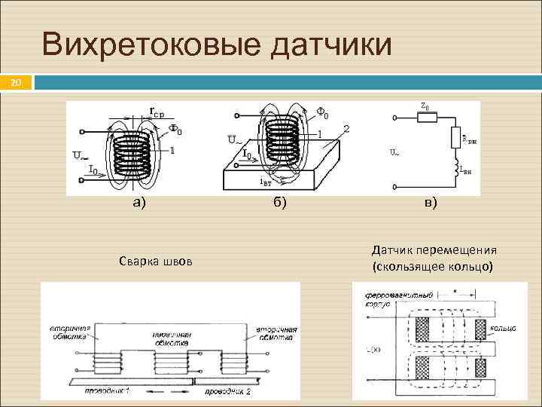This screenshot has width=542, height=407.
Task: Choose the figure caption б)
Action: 279,202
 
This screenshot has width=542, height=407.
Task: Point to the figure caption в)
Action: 431,202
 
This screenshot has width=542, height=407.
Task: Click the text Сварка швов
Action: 156,262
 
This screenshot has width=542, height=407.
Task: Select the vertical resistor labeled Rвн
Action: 456,139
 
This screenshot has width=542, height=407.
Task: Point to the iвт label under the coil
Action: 266,181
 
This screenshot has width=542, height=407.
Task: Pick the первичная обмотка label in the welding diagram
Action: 169,337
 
